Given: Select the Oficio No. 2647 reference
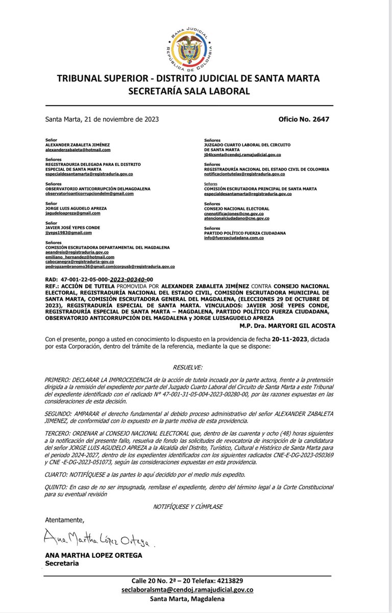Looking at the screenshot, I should tap(304, 119).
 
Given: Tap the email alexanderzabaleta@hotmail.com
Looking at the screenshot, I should tap(78, 150).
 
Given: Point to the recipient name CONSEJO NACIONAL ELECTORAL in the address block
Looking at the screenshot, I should tap(236, 209).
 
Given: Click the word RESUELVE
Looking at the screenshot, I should tap(187, 367).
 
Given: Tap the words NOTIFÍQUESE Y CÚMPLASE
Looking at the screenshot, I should tap(187, 506).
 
